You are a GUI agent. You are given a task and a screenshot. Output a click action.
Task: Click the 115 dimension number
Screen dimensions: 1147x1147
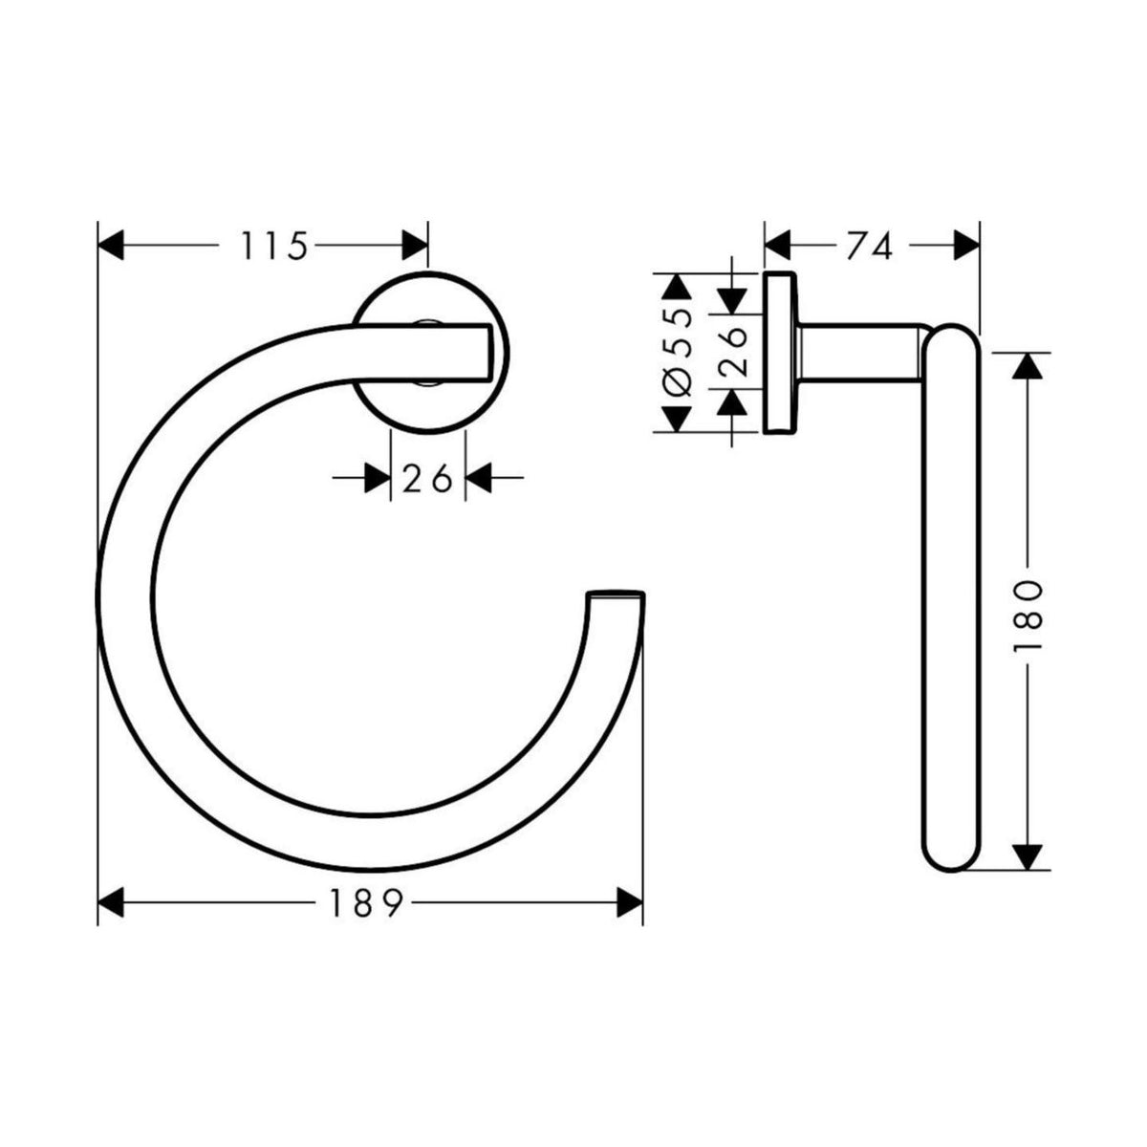click(x=273, y=247)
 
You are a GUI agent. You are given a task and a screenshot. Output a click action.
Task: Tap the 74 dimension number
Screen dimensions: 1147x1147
click(x=869, y=247)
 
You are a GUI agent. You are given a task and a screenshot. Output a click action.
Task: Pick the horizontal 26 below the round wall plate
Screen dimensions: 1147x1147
click(x=427, y=478)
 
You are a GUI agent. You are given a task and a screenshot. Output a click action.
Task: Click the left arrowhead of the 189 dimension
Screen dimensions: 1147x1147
click(x=113, y=900)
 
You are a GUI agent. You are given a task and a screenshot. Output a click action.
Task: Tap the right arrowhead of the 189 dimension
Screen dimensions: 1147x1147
click(x=629, y=900)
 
